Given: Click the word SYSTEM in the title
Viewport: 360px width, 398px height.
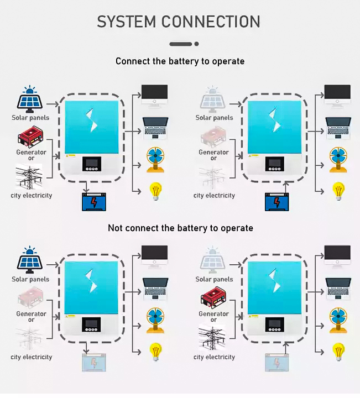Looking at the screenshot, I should [x=126, y=22].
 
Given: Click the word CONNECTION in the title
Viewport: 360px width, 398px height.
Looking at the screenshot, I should [x=211, y=22].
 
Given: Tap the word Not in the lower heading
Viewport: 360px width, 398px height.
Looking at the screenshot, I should [x=115, y=228].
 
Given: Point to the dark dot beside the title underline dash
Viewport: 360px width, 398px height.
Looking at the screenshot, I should [x=197, y=44].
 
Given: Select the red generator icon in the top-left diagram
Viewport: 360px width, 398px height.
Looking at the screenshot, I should [x=31, y=138].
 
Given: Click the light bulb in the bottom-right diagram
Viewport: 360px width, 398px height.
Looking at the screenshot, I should [x=338, y=351].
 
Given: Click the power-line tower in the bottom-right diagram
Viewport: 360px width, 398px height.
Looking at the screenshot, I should [x=214, y=338].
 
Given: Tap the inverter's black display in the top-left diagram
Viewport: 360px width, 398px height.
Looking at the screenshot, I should [x=92, y=165].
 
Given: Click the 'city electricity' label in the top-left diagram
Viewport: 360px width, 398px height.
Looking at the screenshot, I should [x=32, y=195].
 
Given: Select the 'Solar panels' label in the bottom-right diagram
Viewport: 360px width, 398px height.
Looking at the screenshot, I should [x=214, y=279].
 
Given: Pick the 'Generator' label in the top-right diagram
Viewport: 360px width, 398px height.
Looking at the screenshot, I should [x=213, y=152].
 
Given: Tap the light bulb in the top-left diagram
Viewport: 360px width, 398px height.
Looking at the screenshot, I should [x=155, y=191].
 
